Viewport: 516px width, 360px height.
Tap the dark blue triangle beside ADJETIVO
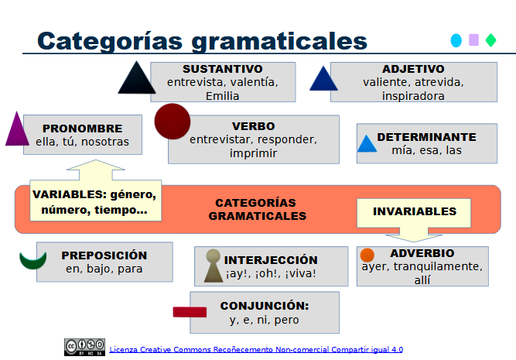click(x=323, y=79)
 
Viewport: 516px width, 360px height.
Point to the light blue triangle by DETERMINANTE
click(x=367, y=144)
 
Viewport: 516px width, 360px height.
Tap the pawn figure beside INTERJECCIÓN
click(x=212, y=266)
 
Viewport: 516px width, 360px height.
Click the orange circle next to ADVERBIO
click(x=367, y=255)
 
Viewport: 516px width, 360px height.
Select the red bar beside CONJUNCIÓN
click(x=190, y=312)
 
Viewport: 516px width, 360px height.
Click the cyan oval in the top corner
click(x=456, y=40)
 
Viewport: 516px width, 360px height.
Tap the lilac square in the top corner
click(x=473, y=40)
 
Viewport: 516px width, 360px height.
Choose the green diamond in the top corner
click(x=490, y=40)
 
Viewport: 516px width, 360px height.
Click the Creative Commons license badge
click(x=84, y=346)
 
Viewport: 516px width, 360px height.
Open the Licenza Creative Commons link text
click(x=256, y=349)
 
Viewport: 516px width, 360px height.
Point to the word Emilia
click(x=223, y=96)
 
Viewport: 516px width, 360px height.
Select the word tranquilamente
click(x=436, y=266)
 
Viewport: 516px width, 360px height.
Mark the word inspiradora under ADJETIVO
click(x=413, y=96)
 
